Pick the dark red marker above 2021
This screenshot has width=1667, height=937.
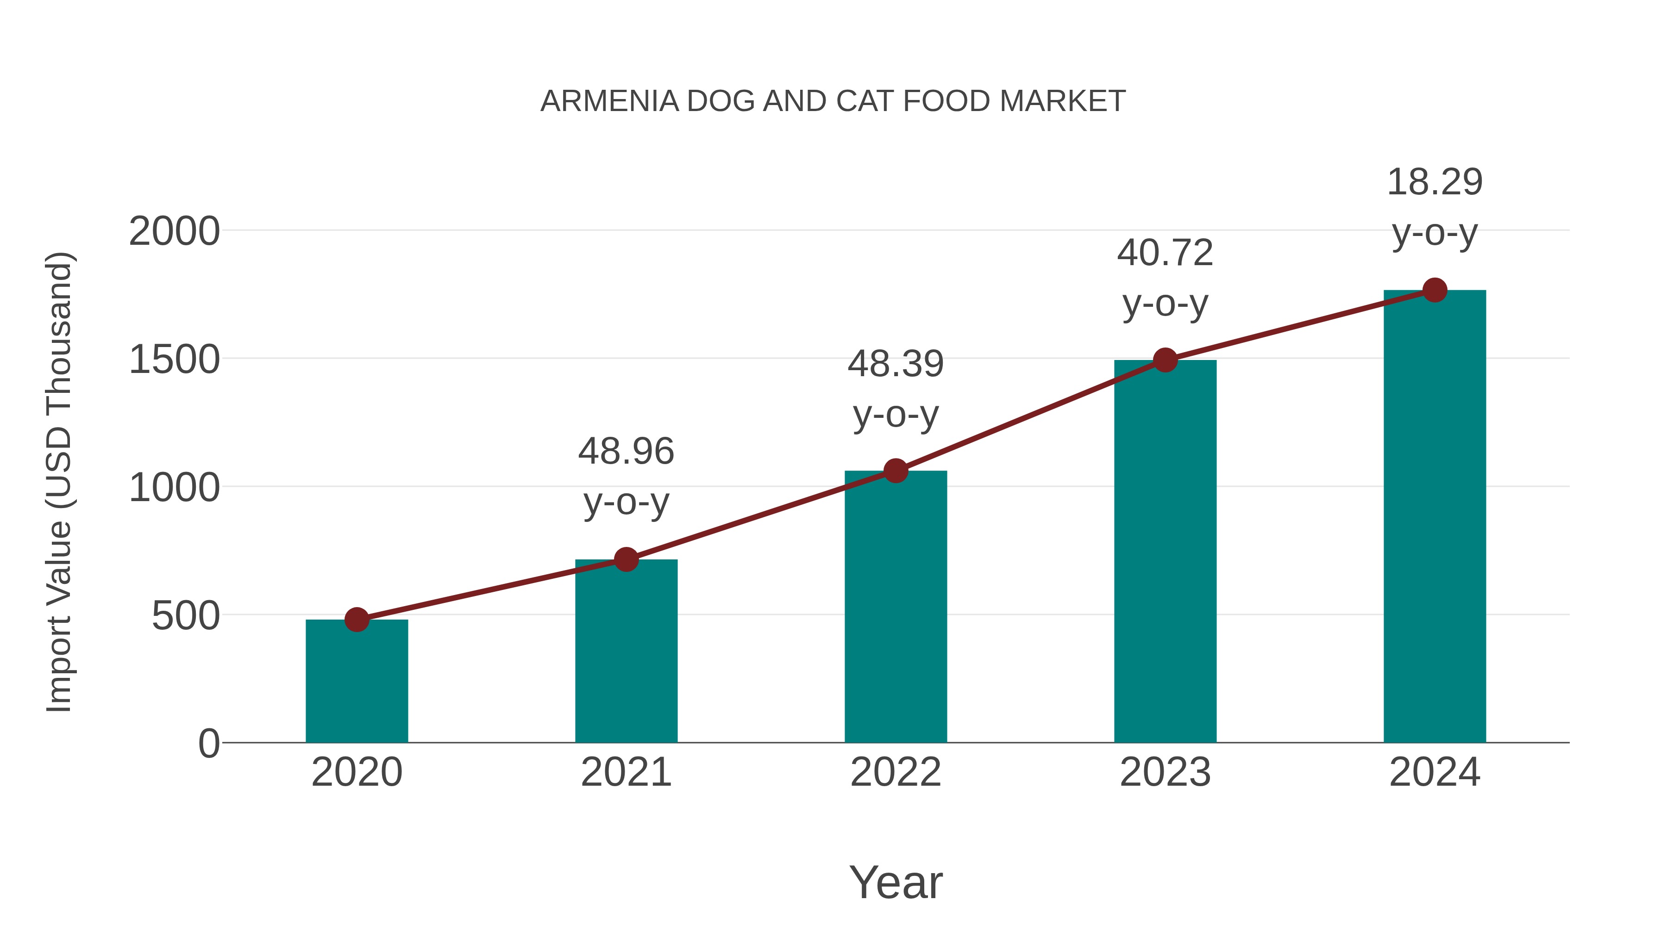click(x=626, y=559)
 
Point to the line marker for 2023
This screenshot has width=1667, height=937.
click(x=1165, y=360)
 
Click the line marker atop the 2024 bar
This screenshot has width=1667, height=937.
click(x=1435, y=290)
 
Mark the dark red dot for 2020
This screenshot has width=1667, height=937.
click(x=357, y=620)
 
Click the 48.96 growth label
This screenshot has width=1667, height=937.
click(x=626, y=451)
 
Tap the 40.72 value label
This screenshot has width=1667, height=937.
click(x=1165, y=252)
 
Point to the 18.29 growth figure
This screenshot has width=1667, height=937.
click(x=1435, y=182)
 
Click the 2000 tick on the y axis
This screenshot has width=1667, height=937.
click(x=174, y=231)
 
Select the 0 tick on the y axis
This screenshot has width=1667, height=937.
click(x=208, y=743)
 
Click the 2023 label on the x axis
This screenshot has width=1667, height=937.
click(x=1165, y=772)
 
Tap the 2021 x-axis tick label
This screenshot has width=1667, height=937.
click(x=626, y=772)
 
